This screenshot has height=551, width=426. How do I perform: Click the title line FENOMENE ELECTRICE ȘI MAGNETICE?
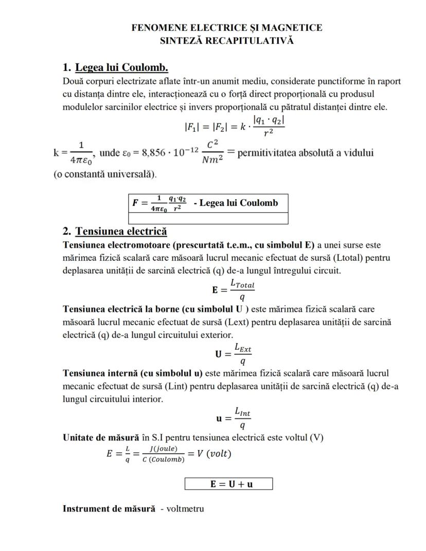point(227,28)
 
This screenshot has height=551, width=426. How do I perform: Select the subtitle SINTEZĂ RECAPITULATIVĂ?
point(227,41)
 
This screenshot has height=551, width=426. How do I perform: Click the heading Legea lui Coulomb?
point(121,68)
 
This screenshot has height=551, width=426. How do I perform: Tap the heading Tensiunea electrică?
point(121,232)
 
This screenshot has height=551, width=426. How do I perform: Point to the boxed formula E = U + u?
point(228,484)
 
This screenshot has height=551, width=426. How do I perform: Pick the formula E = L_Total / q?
point(233,290)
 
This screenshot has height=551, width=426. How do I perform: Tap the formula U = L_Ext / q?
point(233,354)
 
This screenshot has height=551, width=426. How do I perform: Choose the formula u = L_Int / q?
point(233,418)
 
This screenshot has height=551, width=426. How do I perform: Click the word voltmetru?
point(185,509)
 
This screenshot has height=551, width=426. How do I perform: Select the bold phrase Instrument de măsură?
point(109,509)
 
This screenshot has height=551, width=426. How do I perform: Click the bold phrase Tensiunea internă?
point(96,373)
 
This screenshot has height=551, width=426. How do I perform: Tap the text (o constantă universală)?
point(105,174)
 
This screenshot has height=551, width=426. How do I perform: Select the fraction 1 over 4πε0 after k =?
point(81,153)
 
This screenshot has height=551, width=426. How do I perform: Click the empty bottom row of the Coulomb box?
point(207,218)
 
